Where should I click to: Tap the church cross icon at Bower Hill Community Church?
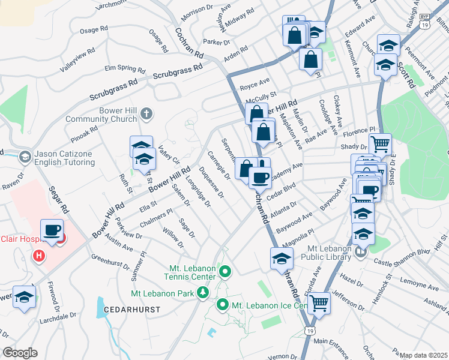coord(147,113)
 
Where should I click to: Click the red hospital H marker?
coord(39,256)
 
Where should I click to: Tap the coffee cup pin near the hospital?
coord(52,230)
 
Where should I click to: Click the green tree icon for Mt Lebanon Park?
coord(203,292)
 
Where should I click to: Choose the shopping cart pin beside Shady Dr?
coord(380,144)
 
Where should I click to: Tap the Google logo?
coord(20,353)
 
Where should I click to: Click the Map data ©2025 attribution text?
coord(423,355)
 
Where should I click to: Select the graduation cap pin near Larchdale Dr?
coord(25,298)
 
